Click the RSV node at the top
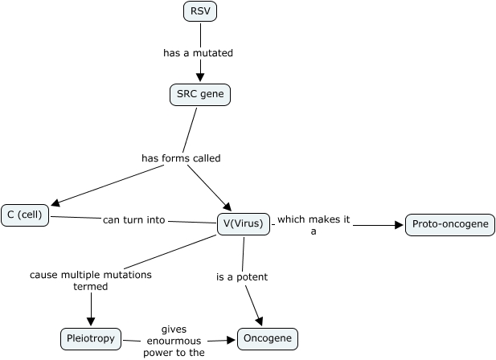coord(200,11)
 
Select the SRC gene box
coord(200,95)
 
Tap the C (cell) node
coord(25,215)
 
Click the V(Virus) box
coord(243,223)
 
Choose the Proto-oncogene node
coord(449,224)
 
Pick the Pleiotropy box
coord(91,339)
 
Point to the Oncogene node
coord(268,339)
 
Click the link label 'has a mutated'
coord(198,53)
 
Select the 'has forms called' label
coord(181,158)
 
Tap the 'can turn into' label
coord(133,219)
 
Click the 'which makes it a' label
coord(314,225)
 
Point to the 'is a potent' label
coord(242,277)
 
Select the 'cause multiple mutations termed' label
coord(91,280)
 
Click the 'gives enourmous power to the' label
coord(174,341)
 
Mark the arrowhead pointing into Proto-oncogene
coord(400,225)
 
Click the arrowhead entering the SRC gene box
coord(199,79)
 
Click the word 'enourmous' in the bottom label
coord(174,341)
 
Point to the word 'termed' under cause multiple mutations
coord(91,286)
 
